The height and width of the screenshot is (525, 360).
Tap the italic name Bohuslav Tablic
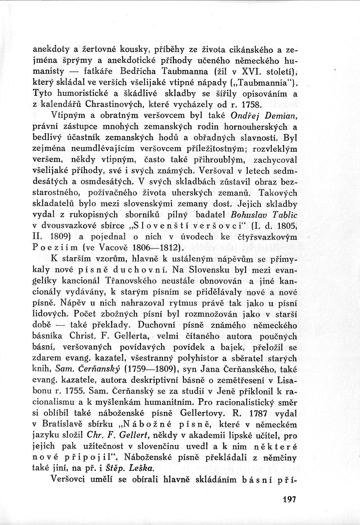click(264, 215)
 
